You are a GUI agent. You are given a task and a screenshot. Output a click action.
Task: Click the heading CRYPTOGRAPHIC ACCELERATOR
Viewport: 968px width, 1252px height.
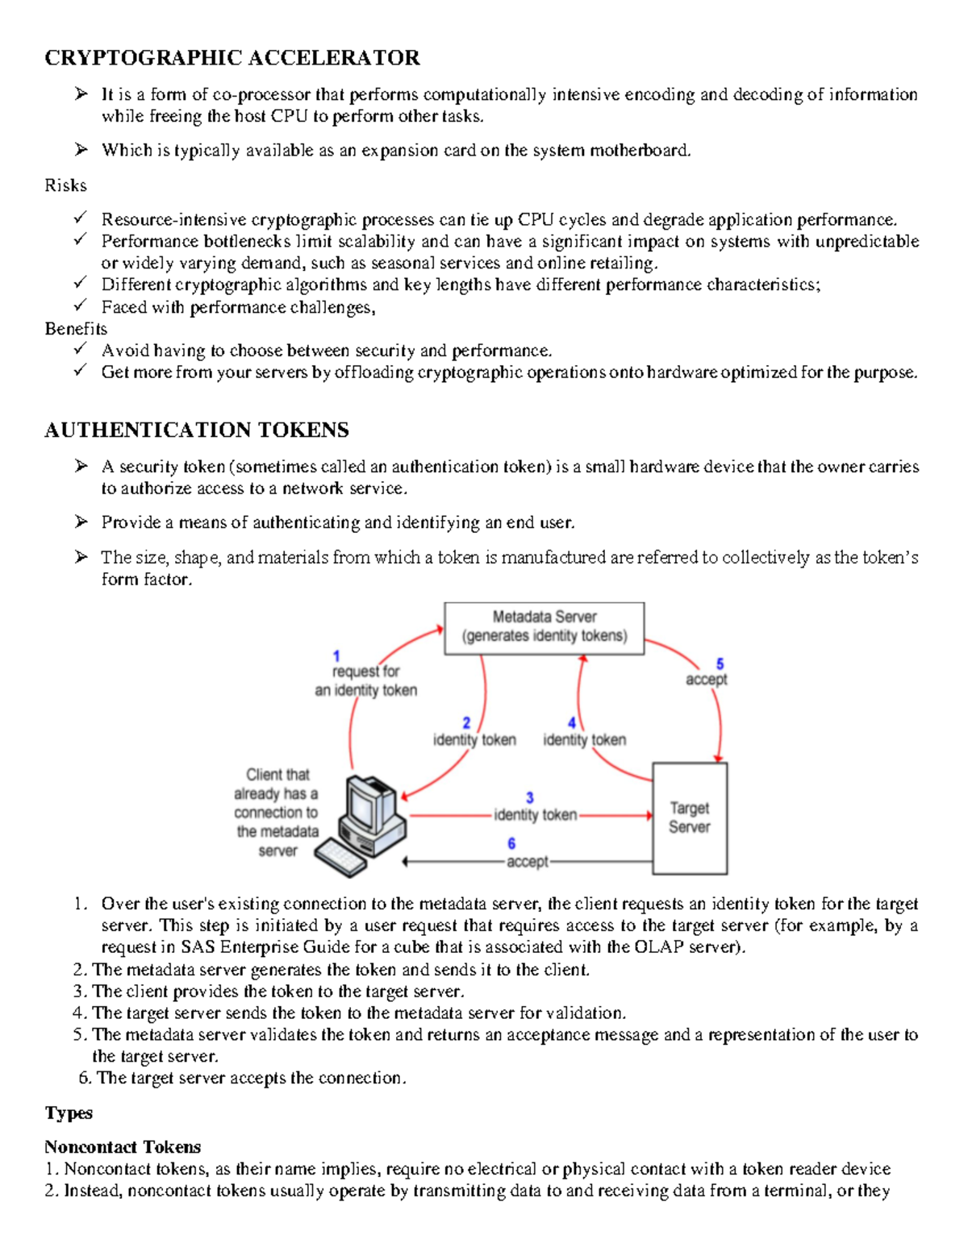pos(232,58)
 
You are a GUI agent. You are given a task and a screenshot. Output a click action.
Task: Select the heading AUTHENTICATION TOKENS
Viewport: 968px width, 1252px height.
pos(197,430)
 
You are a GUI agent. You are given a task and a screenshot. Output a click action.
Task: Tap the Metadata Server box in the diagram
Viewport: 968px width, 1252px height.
pos(544,627)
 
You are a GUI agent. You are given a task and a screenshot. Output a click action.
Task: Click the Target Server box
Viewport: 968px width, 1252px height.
pos(690,817)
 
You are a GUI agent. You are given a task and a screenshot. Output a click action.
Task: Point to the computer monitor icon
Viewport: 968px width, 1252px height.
pos(370,807)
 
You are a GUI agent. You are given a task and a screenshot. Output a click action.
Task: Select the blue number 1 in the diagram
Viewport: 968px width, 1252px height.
pos(336,656)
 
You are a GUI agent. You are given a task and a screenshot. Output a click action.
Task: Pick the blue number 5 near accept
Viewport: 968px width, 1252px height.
pos(720,664)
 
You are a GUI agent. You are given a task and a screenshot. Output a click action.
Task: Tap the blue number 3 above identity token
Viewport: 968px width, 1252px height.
pos(530,797)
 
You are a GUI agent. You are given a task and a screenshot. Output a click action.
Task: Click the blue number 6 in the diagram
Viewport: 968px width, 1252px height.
pos(511,843)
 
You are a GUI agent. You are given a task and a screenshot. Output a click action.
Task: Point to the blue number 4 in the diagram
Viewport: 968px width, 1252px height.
pos(572,723)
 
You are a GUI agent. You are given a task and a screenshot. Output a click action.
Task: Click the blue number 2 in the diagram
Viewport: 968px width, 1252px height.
pos(466,723)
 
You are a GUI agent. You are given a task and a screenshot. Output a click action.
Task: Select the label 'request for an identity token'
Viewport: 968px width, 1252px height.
pos(366,681)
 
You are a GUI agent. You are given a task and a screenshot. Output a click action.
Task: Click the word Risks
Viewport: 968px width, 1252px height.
pos(65,185)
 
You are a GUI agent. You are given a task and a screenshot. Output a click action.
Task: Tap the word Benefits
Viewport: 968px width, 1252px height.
pos(76,329)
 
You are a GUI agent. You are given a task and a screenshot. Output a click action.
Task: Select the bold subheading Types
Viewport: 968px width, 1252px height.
pos(69,1113)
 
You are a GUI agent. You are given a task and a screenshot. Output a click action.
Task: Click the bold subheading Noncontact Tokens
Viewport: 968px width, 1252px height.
pos(123,1146)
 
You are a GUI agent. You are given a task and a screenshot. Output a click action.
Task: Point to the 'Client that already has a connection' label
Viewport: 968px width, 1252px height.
pos(277,813)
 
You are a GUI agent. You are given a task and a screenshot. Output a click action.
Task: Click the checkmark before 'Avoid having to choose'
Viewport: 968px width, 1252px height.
pos(80,349)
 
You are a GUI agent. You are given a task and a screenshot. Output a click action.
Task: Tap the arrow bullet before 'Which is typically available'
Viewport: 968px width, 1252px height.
pos(81,149)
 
